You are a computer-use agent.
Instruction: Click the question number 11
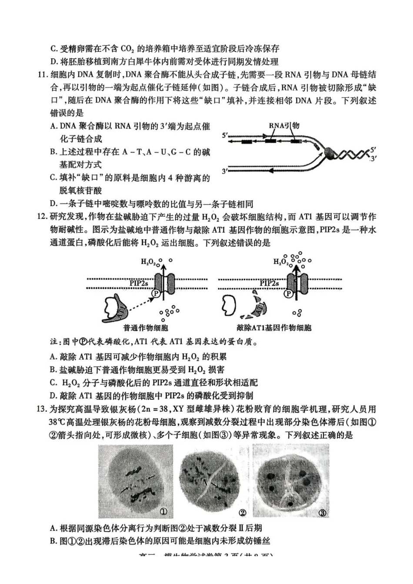(42, 75)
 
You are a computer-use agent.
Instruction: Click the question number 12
(42, 217)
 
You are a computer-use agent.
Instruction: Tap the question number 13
(42, 409)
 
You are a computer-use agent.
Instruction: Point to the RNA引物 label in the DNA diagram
(284, 126)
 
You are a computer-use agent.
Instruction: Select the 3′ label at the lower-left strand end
(225, 171)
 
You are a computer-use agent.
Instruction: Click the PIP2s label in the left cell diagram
(139, 283)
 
